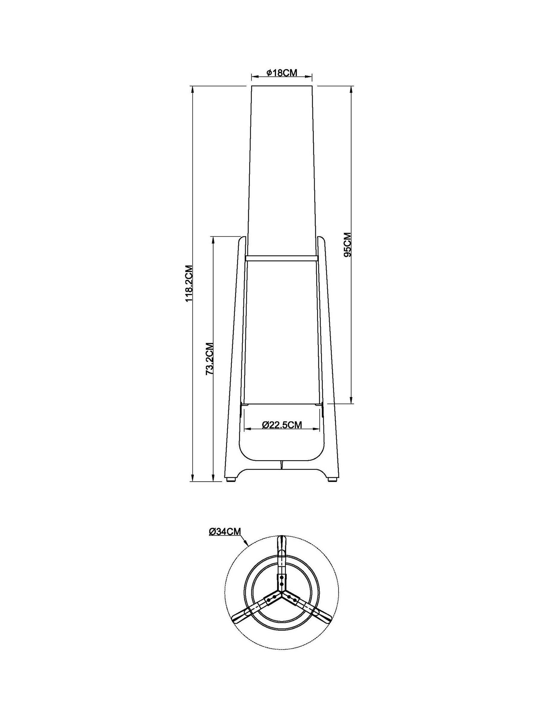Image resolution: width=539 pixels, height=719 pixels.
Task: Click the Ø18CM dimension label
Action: pos(281,73)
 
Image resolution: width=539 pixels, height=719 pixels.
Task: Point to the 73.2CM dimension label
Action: pos(210,359)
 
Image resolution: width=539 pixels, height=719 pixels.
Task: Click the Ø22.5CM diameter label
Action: pos(282,425)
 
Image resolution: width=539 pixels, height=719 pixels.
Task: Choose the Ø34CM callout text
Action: pos(225,531)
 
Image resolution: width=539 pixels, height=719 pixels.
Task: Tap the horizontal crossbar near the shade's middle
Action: pos(281,258)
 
